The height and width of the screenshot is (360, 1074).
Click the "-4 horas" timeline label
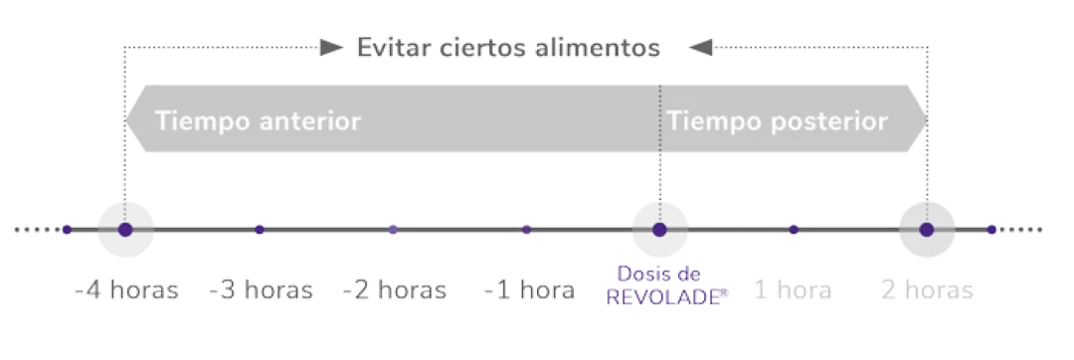pos(126,291)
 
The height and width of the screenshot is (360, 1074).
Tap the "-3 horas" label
pos(261,291)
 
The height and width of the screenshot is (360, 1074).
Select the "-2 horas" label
pos(394,291)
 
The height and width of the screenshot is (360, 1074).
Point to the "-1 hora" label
pos(529,291)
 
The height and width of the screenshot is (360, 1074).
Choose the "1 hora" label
pos(793,291)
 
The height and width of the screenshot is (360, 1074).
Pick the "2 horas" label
pos(927,291)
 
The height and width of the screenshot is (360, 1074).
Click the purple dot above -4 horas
pos(125,230)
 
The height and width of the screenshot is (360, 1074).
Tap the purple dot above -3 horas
pos(260,230)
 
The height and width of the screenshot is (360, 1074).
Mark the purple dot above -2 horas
pos(393,230)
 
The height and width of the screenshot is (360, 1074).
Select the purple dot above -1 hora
pos(527,230)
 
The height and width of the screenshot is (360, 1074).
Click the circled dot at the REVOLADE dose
pos(659,230)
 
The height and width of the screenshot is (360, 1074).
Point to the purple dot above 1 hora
pos(794,230)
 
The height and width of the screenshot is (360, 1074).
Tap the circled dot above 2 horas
pos(927,230)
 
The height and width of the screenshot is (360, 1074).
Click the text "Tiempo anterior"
pos(258,121)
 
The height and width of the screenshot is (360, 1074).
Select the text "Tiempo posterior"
pos(778,121)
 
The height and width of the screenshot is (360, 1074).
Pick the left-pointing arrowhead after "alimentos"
pos(699,47)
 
